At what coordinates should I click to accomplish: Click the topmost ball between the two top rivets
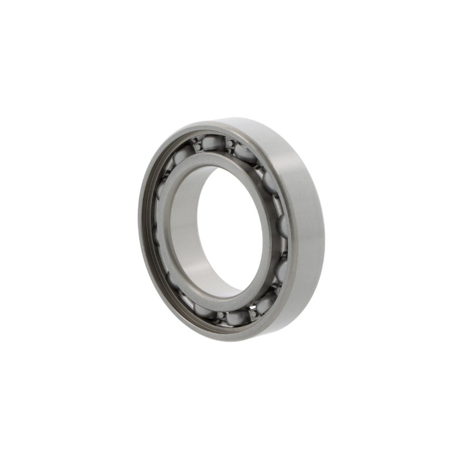[x=214, y=142]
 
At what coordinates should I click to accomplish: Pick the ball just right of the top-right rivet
[x=244, y=154]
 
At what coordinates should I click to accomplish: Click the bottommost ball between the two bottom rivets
[x=237, y=318]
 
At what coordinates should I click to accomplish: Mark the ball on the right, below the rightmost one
[x=281, y=270]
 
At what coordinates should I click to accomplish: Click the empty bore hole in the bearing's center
[x=232, y=229]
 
